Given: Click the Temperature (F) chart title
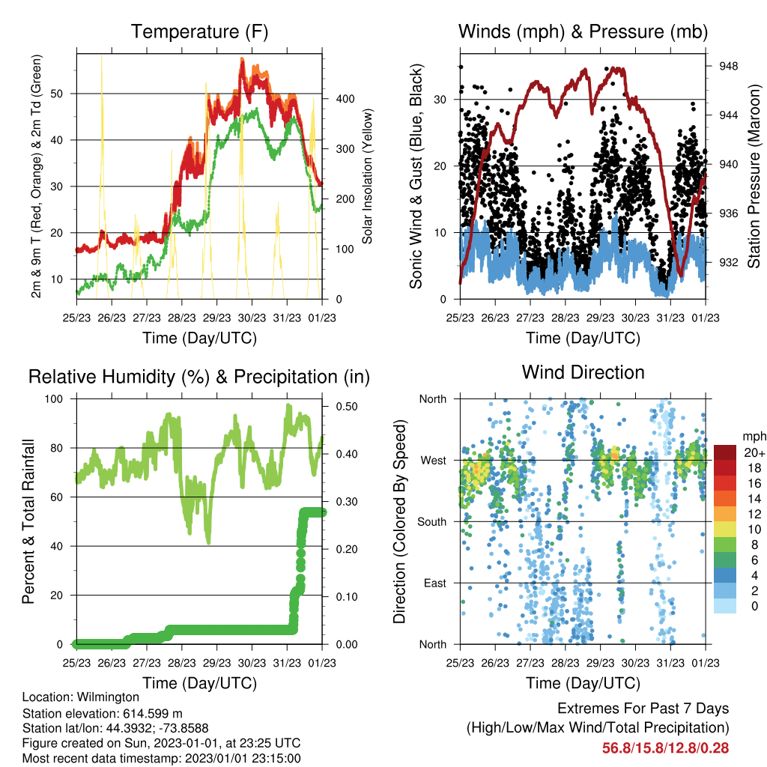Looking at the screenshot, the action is tap(199, 31).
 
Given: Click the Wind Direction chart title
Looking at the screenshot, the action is tap(583, 372).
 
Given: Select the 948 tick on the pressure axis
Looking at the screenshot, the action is tap(728, 66).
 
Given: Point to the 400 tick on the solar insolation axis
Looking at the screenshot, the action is tap(345, 99).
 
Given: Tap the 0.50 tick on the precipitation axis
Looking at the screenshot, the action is tap(347, 407).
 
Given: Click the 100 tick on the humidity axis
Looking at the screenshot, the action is tap(54, 399).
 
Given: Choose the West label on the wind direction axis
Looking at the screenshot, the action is tap(434, 461).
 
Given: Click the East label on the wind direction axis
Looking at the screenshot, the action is tap(435, 583).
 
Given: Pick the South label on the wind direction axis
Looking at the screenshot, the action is tap(432, 522).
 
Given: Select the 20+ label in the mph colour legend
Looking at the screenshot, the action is tap(754, 452).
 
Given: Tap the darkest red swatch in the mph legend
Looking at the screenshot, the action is tap(725, 452).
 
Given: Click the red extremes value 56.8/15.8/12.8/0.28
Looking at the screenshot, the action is tap(665, 748).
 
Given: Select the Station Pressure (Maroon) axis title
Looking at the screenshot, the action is tap(754, 176).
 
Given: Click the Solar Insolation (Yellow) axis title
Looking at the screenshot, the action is tap(367, 176).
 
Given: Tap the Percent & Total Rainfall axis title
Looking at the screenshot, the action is tap(28, 521).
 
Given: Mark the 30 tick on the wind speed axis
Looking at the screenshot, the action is tap(440, 100).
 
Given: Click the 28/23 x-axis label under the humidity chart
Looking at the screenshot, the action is tap(182, 664).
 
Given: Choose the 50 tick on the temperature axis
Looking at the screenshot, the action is tap(57, 94).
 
